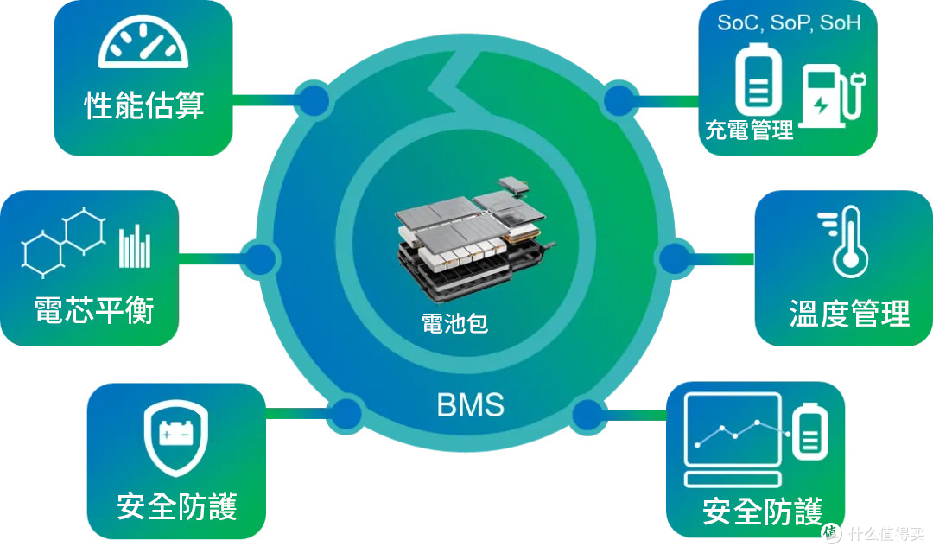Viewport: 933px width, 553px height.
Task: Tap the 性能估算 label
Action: pyautogui.click(x=144, y=106)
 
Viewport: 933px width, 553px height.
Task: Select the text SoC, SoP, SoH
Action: pyautogui.click(x=789, y=22)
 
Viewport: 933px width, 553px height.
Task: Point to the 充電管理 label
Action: pyautogui.click(x=749, y=129)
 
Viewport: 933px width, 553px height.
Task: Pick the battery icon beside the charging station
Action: pyautogui.click(x=758, y=79)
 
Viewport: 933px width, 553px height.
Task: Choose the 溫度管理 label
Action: pyautogui.click(x=849, y=313)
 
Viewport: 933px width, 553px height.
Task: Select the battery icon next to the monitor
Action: pyautogui.click(x=809, y=431)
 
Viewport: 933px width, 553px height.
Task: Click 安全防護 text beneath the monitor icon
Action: pyautogui.click(x=762, y=512)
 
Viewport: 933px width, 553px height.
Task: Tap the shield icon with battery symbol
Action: pyautogui.click(x=176, y=437)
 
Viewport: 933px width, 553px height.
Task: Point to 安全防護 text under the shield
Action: pyautogui.click(x=177, y=506)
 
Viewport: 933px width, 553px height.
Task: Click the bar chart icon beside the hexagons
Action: pyautogui.click(x=135, y=246)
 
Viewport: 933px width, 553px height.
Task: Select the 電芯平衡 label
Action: pyautogui.click(x=94, y=310)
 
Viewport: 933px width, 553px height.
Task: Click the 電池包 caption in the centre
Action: pyautogui.click(x=454, y=323)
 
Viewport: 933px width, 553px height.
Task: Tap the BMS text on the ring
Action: pyautogui.click(x=470, y=404)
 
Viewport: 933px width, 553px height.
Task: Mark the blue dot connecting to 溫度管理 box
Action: pyautogui.click(x=675, y=259)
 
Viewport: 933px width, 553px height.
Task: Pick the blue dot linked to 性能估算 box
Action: pyautogui.click(x=314, y=100)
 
